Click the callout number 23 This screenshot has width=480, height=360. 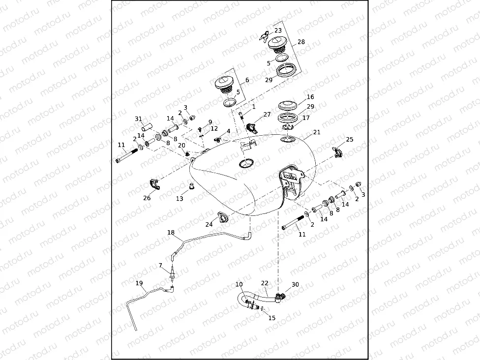(x=278, y=30)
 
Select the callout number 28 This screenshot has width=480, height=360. (x=301, y=42)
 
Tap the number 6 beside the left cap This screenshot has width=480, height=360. (x=247, y=80)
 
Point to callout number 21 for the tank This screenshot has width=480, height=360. (x=317, y=132)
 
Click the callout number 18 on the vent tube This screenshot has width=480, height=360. (x=171, y=233)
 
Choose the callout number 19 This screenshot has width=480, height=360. (x=139, y=283)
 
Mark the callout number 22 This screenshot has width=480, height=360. (x=265, y=283)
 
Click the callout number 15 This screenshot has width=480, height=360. (x=272, y=318)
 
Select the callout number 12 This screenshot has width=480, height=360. (x=214, y=128)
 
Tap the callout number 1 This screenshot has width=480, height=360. (x=253, y=106)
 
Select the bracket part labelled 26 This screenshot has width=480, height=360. (x=155, y=185)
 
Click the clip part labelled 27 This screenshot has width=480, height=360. (x=252, y=128)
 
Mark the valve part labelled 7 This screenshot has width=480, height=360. (x=173, y=273)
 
